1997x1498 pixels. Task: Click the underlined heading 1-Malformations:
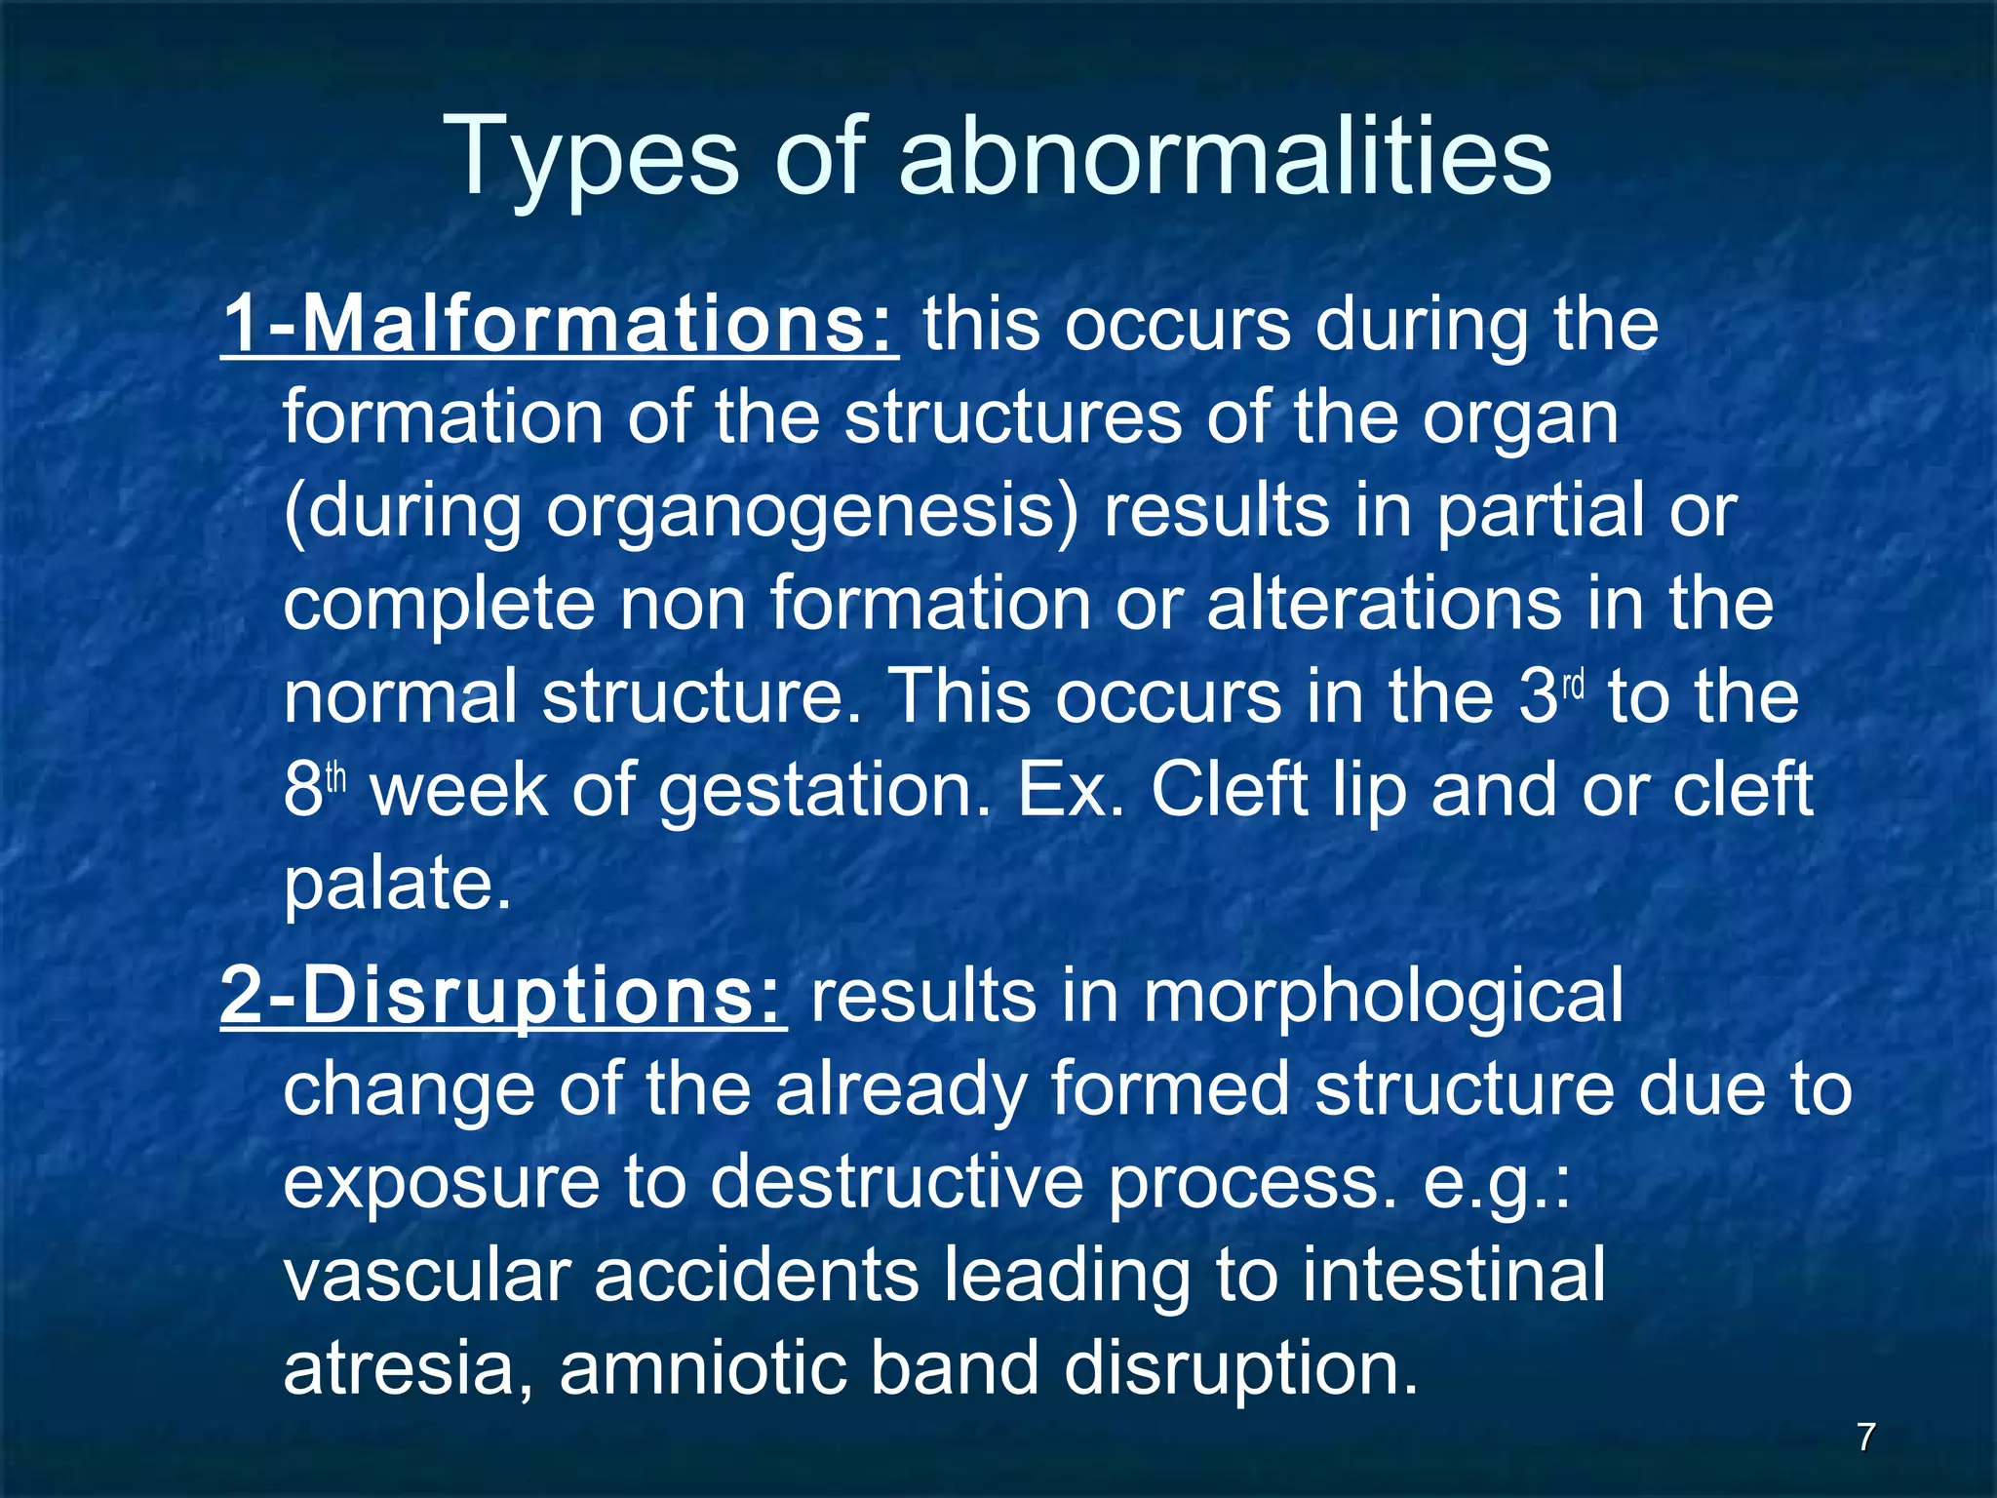(559, 326)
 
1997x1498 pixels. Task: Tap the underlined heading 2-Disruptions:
(503, 997)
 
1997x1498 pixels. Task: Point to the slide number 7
(1865, 1437)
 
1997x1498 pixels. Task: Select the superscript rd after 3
(1574, 685)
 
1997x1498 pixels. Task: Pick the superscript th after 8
(335, 778)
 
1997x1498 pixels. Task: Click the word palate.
(397, 884)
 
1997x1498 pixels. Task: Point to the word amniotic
(702, 1370)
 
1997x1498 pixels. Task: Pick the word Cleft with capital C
(1229, 791)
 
